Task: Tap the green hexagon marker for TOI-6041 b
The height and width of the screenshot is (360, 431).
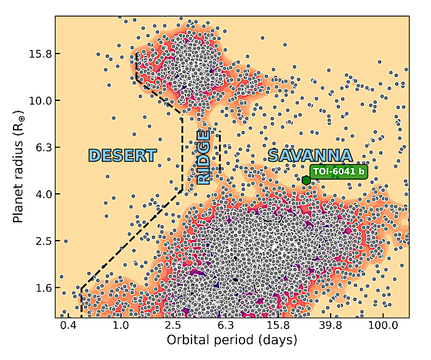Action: coord(306,180)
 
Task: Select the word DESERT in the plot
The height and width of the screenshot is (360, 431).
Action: coord(123,156)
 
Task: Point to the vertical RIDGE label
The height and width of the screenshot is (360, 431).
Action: coord(204,158)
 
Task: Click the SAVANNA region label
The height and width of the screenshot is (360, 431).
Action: coord(310,156)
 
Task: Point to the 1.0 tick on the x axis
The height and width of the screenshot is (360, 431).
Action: coord(121,325)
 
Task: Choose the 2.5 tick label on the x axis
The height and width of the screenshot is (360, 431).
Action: coord(173,325)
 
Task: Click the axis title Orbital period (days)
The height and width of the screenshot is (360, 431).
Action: coord(232,340)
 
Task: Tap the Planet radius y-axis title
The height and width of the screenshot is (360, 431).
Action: coord(19,166)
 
